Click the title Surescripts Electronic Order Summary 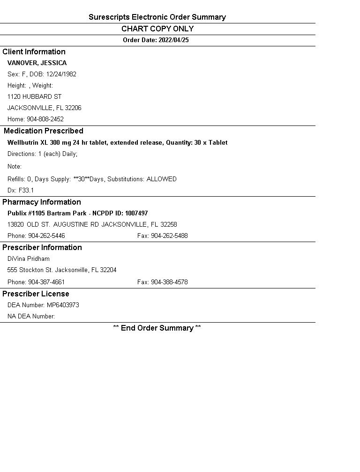click(157, 17)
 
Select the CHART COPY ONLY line click(157, 29)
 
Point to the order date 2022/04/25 click(173, 40)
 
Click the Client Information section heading click(34, 52)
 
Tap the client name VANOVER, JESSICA click(37, 63)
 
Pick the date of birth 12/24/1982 click(61, 74)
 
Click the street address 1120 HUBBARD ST click(34, 97)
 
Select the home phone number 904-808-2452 click(45, 119)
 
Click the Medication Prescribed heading click(43, 131)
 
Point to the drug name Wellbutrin click(23, 143)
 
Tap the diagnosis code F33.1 click(26, 191)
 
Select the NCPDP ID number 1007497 click(136, 214)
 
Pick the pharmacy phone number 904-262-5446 click(46, 236)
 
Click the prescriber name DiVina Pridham click(29, 259)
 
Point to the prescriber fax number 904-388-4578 click(169, 282)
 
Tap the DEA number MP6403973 click(63, 305)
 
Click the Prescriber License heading click(36, 294)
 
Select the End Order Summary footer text click(157, 328)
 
